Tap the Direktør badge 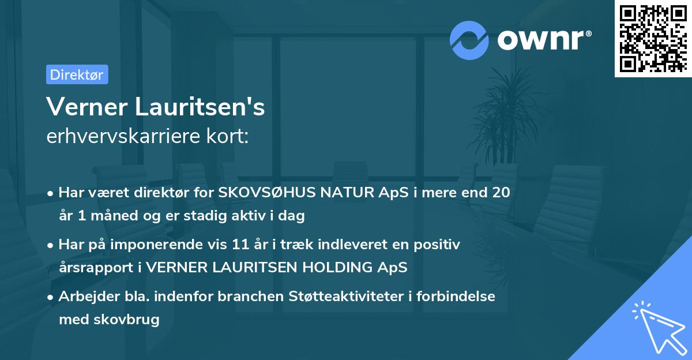77,74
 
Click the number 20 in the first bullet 501,193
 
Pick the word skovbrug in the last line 132,319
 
